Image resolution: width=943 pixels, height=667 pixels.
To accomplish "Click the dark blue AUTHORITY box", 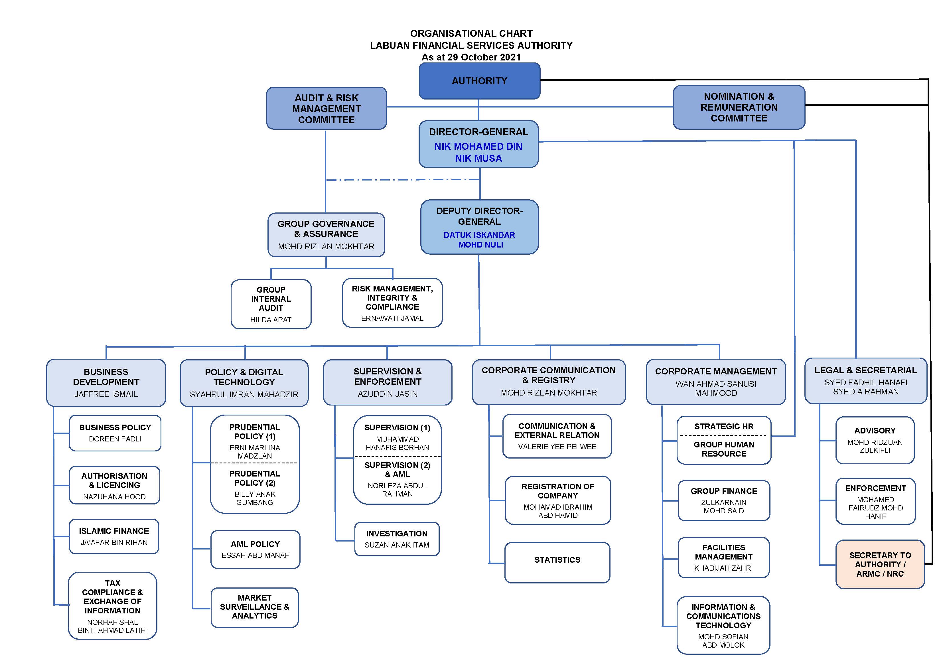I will point(479,81).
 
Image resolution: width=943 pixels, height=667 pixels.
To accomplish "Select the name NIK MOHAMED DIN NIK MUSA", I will point(478,152).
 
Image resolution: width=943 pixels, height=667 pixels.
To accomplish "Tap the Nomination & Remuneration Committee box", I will point(739,107).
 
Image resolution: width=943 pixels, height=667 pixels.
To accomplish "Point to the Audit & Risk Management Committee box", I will point(326,108).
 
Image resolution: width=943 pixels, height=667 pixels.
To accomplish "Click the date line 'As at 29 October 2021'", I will point(471,57).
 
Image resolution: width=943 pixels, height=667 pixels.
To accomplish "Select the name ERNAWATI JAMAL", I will point(392,318).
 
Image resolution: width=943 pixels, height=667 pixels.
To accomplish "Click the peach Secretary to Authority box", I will point(880,564).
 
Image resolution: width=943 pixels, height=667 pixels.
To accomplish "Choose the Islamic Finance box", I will point(114,536).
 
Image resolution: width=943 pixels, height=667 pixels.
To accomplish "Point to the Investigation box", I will point(397,539).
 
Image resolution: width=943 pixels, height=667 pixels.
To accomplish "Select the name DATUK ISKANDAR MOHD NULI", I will point(479,240).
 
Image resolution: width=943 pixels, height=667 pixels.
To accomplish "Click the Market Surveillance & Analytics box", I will point(254,607).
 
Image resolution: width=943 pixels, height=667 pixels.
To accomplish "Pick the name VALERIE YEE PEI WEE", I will point(557,447).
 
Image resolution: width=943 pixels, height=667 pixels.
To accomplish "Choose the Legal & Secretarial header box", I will point(865,380).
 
